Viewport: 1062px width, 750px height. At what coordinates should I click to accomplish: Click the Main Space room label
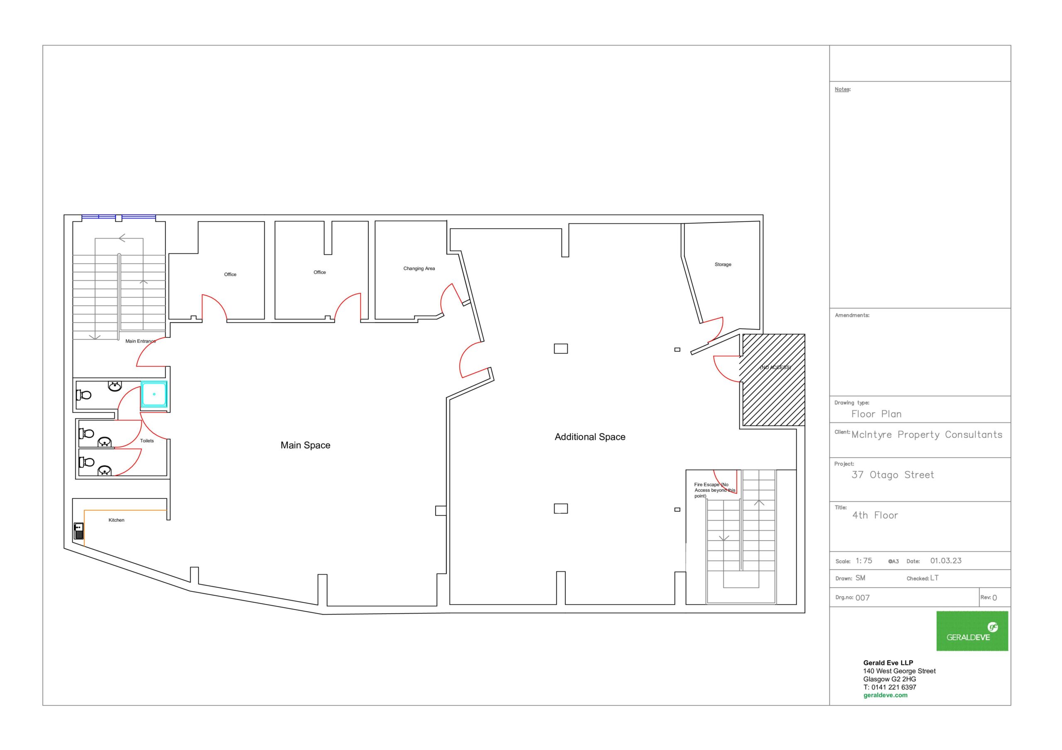click(305, 445)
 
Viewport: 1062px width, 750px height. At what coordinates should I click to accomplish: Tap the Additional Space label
click(590, 437)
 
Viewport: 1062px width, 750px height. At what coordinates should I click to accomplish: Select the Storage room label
click(723, 265)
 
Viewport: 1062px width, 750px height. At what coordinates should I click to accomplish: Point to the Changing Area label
click(419, 269)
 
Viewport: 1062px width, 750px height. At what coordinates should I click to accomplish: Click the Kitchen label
click(117, 520)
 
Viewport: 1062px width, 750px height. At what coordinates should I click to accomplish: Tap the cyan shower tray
click(154, 394)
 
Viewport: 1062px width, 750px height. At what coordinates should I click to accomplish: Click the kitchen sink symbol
click(79, 531)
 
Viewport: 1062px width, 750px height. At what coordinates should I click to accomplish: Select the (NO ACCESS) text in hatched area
click(775, 368)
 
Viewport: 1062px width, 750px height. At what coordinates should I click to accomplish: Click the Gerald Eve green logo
click(972, 631)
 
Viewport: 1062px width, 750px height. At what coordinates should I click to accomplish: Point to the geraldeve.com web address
click(885, 695)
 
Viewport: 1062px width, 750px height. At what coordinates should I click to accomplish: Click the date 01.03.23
click(946, 561)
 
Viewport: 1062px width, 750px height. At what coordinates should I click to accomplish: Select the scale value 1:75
click(864, 561)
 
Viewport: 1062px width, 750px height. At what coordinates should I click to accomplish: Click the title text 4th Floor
click(875, 515)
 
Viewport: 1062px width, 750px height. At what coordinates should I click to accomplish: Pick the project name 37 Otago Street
click(893, 475)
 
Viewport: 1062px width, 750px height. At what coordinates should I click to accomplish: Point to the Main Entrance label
click(141, 341)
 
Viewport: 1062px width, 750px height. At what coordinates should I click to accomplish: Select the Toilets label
click(147, 441)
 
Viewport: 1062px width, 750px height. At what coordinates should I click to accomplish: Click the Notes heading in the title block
click(843, 89)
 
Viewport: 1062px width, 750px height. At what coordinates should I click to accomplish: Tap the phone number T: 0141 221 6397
click(889, 687)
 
